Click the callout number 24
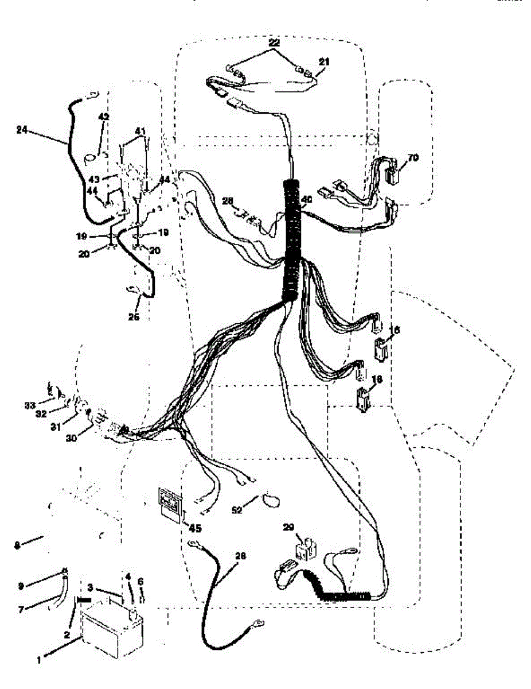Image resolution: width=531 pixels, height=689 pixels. [x=22, y=130]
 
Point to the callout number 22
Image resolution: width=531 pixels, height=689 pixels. [x=276, y=43]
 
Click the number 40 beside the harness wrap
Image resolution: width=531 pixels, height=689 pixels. [x=307, y=199]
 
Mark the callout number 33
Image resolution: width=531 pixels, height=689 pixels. [x=30, y=405]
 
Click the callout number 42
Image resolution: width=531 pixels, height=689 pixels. [x=103, y=117]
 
